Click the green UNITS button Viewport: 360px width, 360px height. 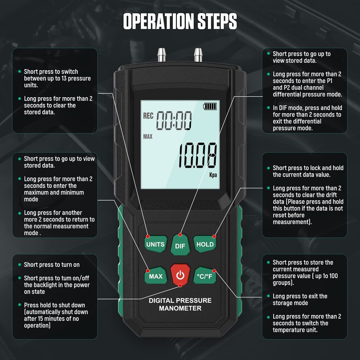coord(155,244)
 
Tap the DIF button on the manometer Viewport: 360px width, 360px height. coord(180,246)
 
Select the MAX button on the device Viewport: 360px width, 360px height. coord(155,276)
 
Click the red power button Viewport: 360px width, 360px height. coord(180,274)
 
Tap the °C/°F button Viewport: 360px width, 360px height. coord(205,276)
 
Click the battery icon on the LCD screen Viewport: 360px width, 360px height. coord(210,107)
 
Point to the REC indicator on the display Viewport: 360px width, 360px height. coord(148,116)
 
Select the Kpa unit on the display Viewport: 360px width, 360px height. coord(212,176)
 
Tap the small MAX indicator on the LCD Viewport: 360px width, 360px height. coord(148,136)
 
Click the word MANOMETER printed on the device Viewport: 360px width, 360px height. coord(180,308)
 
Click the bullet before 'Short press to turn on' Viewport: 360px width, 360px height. coord(19,265)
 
